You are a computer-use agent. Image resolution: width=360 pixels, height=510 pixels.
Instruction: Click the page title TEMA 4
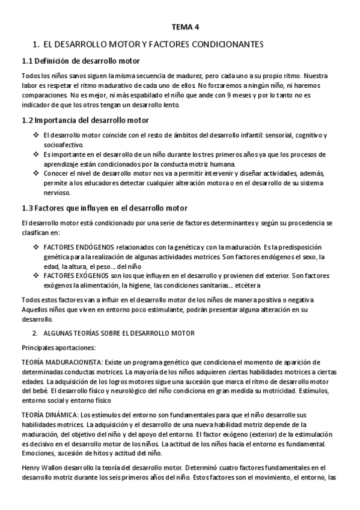point(185,27)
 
